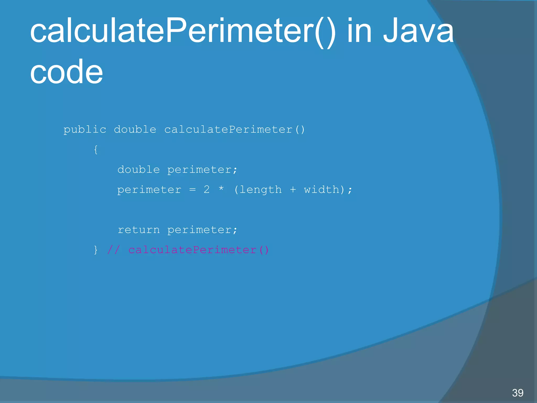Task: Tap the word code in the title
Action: point(66,72)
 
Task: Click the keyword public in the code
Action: point(85,130)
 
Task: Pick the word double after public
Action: point(135,130)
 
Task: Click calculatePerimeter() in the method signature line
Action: point(234,130)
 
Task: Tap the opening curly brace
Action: point(96,150)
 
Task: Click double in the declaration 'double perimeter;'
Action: point(138,170)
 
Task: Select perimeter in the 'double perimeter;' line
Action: point(202,170)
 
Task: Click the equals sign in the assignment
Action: point(192,190)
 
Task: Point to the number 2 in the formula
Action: point(207,189)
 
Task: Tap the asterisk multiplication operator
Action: point(221,189)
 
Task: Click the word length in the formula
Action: point(261,190)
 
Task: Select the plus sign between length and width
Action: point(293,189)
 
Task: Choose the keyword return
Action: point(138,230)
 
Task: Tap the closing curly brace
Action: point(96,250)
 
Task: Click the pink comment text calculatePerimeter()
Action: point(198,250)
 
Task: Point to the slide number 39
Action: point(518,393)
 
